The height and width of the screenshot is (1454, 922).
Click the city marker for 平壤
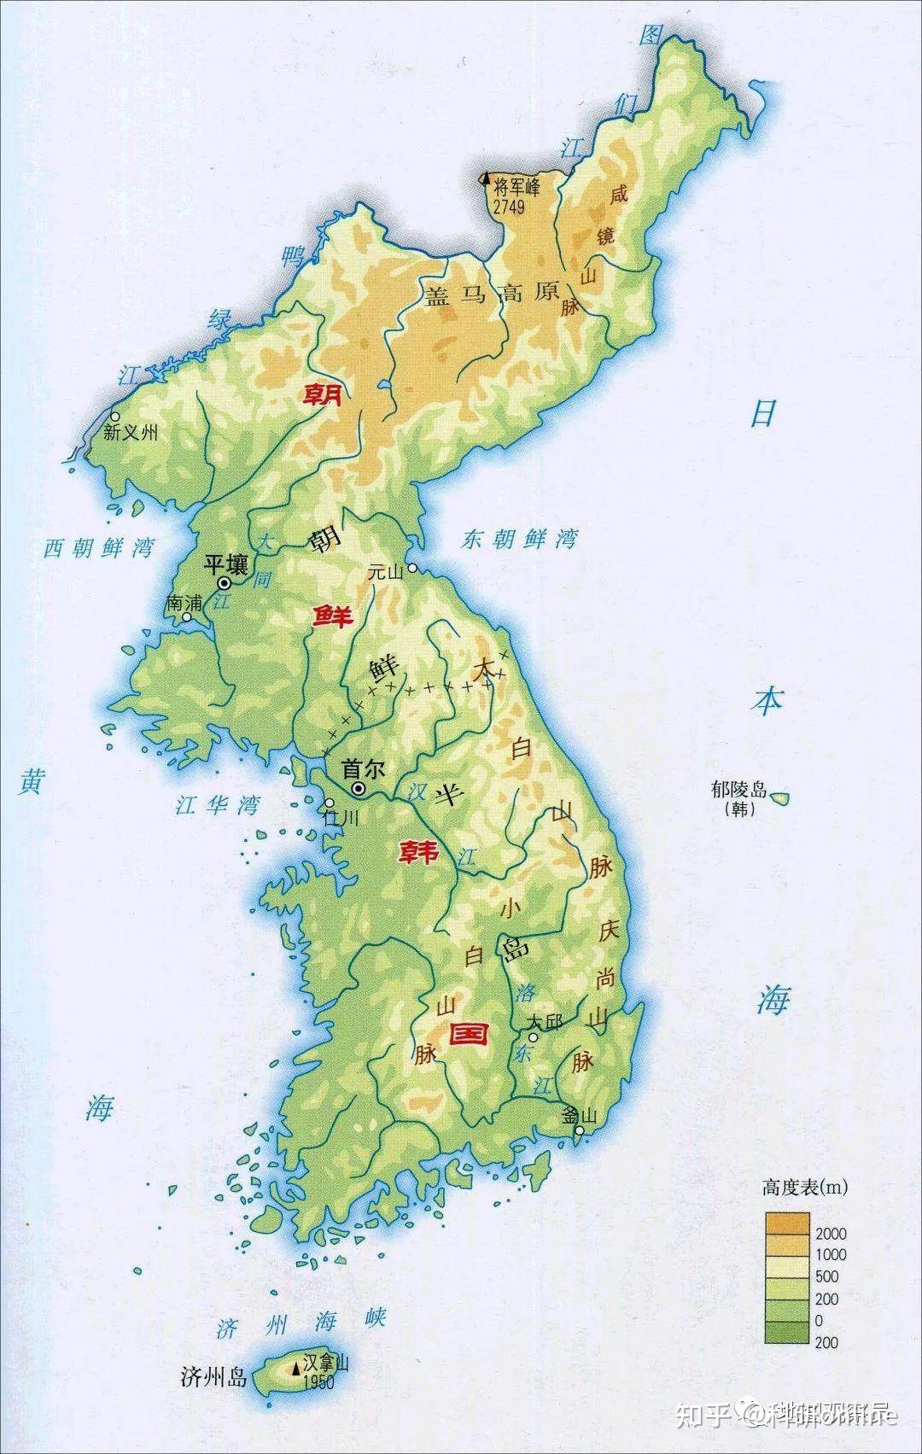[x=225, y=583]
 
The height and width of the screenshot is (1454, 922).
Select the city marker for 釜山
[x=579, y=1131]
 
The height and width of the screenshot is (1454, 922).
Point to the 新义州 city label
[x=131, y=433]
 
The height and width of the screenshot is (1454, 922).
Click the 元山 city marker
[x=411, y=568]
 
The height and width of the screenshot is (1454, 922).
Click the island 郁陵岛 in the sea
[x=779, y=800]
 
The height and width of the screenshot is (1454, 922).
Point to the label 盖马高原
[x=491, y=295]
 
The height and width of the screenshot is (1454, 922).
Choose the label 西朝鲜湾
[x=98, y=548]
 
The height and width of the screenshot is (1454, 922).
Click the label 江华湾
[x=217, y=805]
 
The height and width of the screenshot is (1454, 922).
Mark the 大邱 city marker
[x=532, y=1037]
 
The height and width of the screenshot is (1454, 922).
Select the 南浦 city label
[x=184, y=603]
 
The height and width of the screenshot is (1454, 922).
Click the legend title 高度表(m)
[x=805, y=1186]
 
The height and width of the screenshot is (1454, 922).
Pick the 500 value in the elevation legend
[x=827, y=1277]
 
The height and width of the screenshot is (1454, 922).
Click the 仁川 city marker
[x=330, y=803]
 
